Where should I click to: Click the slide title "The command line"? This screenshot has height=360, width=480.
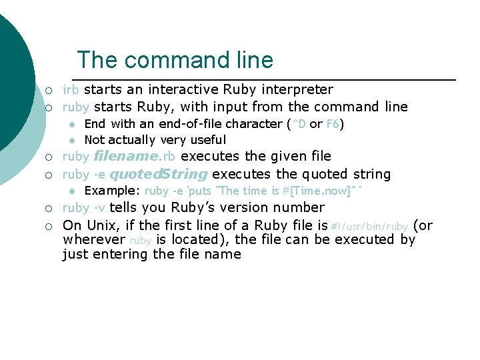tap(175, 60)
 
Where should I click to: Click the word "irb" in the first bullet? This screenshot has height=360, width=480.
tap(71, 89)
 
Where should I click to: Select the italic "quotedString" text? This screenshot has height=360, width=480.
tap(158, 175)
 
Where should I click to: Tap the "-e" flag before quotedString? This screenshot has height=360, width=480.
tap(99, 175)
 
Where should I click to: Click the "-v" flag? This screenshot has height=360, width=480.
tap(99, 207)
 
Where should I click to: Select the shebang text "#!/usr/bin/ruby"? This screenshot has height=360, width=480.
tap(369, 227)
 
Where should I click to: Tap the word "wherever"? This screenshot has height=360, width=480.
tap(94, 239)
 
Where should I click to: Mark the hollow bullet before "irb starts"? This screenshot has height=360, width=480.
tap(49, 90)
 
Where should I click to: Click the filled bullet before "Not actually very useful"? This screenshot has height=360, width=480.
tap(71, 140)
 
